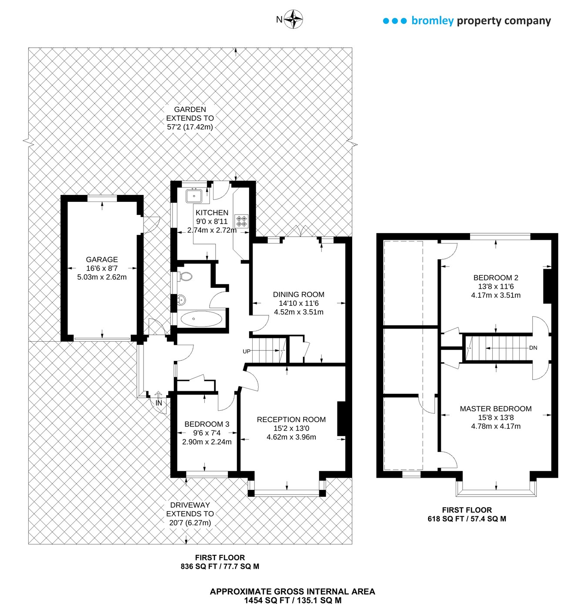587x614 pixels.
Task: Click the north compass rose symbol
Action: (294, 19)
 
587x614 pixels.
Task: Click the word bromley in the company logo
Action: (432, 20)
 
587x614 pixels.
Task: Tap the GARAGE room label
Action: (102, 259)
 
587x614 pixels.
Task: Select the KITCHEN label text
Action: (212, 212)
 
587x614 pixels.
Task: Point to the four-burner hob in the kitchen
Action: (241, 221)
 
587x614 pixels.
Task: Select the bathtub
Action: (201, 319)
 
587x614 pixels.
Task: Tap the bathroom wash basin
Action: (181, 300)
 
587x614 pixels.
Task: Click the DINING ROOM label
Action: (299, 294)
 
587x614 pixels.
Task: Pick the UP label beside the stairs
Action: (247, 351)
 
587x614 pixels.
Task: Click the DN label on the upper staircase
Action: (533, 348)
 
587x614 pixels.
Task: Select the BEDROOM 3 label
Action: (207, 424)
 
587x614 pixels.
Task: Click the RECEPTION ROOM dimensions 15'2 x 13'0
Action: (291, 428)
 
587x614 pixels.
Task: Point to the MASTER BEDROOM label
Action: (496, 409)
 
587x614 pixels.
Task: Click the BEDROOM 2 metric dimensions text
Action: (496, 295)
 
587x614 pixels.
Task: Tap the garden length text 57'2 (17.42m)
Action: (190, 127)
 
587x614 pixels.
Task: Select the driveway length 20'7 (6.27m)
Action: (190, 522)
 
